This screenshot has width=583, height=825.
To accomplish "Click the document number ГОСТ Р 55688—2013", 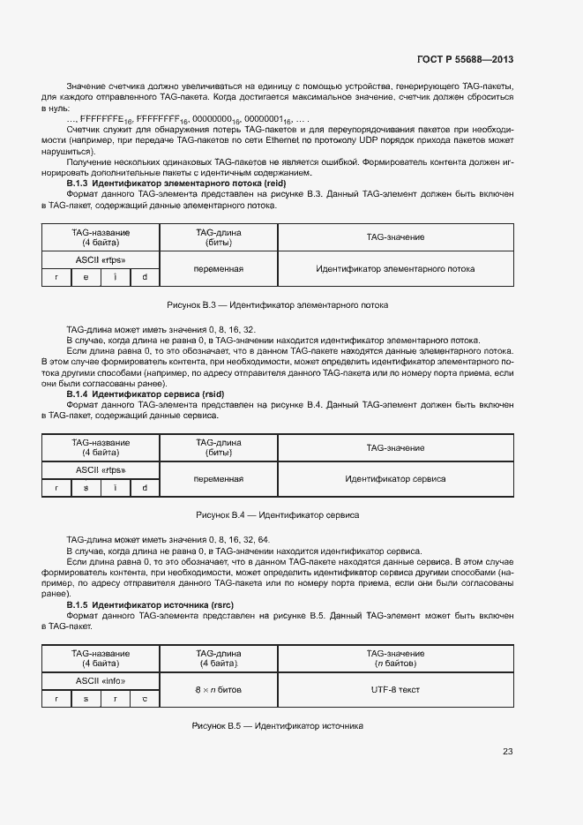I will pos(465,60).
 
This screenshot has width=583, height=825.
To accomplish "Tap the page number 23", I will pos(507,752).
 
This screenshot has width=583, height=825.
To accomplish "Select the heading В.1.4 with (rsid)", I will pos(146,394).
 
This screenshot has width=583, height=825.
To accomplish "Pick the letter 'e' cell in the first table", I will pos(86,278).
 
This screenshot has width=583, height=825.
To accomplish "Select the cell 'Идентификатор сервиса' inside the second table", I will pos(395,478).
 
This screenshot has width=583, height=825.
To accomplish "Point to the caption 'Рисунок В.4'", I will pos(278,514).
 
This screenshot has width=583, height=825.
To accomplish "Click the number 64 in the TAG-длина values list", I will pos(264,539).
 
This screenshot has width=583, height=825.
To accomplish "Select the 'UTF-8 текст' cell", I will pos(395,688).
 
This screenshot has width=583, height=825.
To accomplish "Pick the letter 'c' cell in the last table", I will pos(145,698).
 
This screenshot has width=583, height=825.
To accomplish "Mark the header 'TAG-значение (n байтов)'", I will pos(395,658).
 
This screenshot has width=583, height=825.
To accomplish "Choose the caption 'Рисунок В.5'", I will pos(278,725).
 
